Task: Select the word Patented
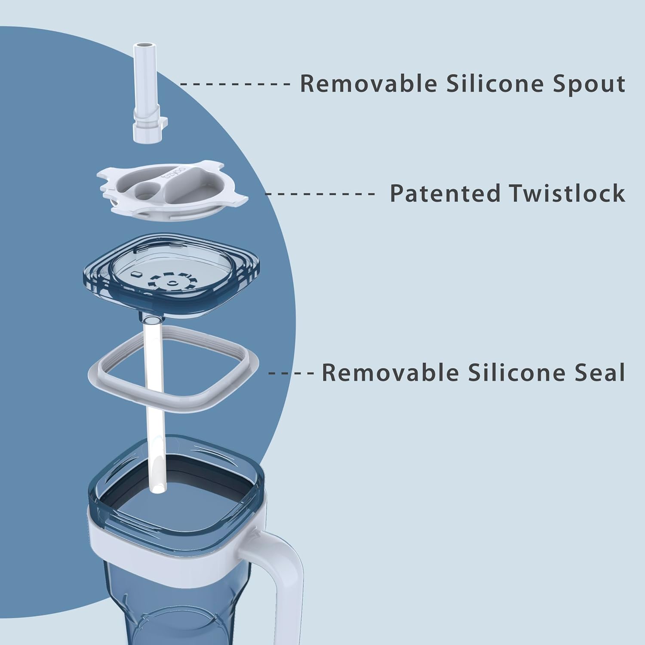point(445,193)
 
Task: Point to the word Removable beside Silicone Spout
point(369,83)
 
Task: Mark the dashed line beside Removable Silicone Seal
point(291,373)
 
